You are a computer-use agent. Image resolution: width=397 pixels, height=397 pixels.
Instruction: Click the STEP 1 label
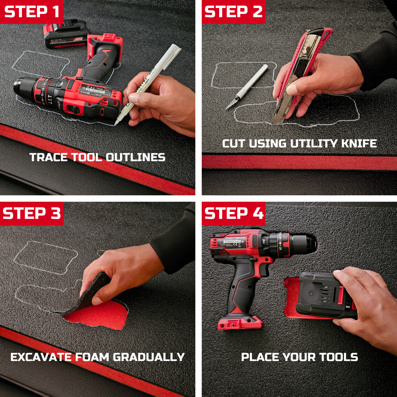click(x=32, y=12)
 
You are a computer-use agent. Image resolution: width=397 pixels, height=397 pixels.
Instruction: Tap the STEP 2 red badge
click(x=233, y=12)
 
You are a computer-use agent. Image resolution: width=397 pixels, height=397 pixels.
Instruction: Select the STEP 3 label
click(x=32, y=213)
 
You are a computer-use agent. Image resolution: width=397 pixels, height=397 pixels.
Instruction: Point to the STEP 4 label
click(x=233, y=213)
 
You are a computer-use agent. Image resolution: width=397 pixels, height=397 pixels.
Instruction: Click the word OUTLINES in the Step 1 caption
click(x=135, y=157)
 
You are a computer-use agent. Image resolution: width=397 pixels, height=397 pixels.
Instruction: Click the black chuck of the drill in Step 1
click(x=23, y=88)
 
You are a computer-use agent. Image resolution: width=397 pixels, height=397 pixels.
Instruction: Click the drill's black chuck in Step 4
click(x=305, y=243)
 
